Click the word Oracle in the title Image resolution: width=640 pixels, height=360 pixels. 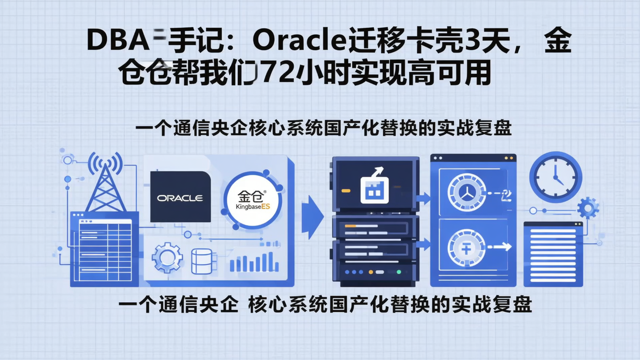coord(298,42)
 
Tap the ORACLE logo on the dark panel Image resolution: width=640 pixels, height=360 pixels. coord(180,198)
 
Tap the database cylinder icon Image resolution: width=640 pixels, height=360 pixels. coord(202,261)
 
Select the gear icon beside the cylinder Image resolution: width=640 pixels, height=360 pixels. coord(167,257)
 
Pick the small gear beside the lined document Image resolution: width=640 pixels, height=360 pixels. coord(588,208)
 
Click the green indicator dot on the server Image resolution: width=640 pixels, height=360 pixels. coord(399,272)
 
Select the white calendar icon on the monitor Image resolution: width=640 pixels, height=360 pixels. coord(374,190)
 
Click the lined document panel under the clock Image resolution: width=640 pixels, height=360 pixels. coord(553,254)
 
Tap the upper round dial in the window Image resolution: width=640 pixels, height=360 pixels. coord(467,192)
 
